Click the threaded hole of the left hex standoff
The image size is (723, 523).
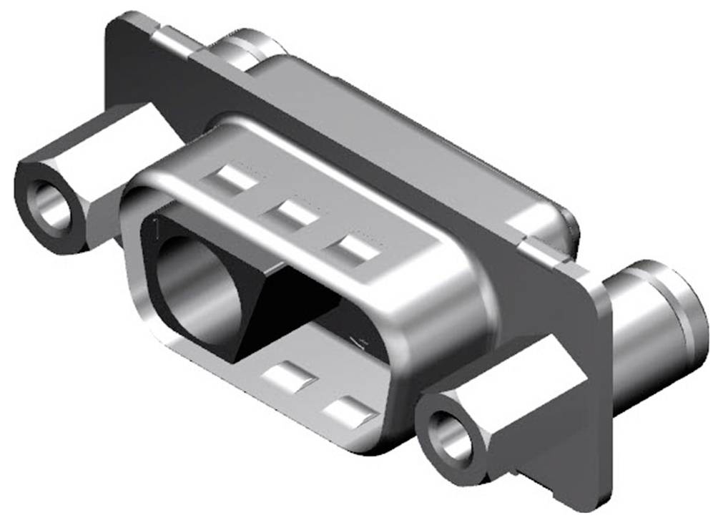(52, 208)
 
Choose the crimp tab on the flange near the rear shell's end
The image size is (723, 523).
(547, 251)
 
